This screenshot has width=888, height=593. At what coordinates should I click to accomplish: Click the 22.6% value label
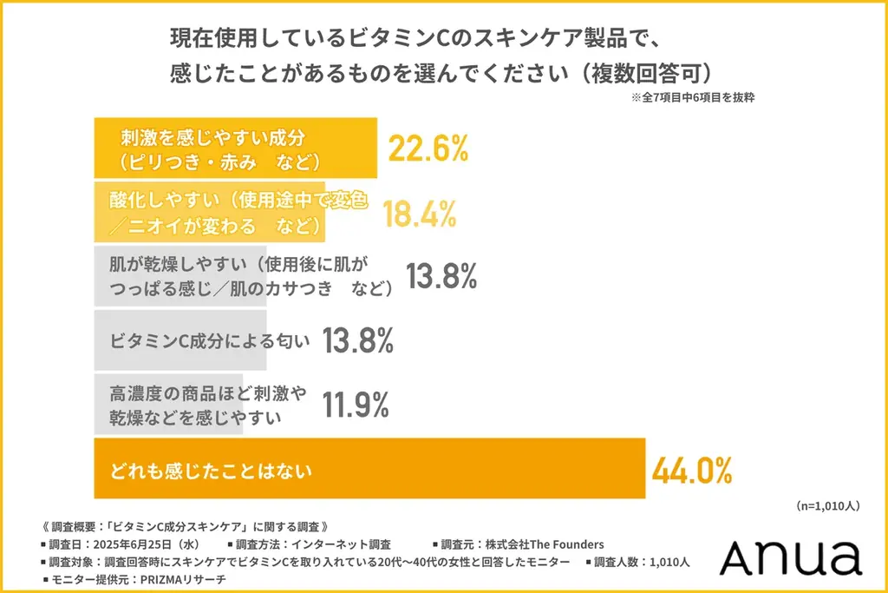coord(428,149)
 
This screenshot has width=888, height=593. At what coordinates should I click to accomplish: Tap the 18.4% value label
coord(420,212)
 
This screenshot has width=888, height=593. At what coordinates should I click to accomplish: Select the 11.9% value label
coord(355,405)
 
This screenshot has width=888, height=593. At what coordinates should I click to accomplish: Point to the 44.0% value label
coord(692,470)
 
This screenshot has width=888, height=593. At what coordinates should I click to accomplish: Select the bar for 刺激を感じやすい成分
coord(235,149)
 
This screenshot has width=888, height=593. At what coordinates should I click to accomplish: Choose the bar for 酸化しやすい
coord(209,213)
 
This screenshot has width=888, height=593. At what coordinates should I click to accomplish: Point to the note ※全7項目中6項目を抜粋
coord(693,97)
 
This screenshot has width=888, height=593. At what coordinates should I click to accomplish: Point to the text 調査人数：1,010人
coord(642,562)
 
